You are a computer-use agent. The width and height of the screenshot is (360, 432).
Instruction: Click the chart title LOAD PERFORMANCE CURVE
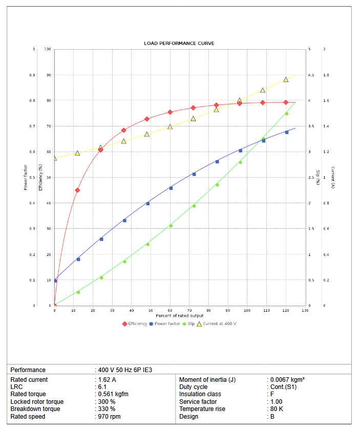pos(179,44)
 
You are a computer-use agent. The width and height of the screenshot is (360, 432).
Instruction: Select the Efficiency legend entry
pos(135,323)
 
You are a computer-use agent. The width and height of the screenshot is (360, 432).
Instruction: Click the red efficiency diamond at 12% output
pos(77,190)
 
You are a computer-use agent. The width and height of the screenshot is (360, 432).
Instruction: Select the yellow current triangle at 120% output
pos(286,79)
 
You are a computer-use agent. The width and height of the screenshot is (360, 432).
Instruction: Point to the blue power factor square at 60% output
pos(171,188)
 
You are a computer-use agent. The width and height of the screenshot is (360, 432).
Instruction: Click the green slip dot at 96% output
pos(240,162)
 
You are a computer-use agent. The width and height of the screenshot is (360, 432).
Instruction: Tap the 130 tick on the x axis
pos(305,311)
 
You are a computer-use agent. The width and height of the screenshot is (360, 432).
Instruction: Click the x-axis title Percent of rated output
pos(180,315)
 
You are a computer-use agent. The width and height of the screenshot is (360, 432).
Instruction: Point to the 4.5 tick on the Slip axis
pos(310,75)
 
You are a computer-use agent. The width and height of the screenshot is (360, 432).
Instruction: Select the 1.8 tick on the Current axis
pos(326,75)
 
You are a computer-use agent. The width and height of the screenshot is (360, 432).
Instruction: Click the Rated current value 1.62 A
pos(108,380)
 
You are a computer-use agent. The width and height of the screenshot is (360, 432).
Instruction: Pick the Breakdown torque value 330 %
pos(107,409)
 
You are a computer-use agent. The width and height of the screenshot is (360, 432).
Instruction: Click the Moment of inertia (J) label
pos(207,380)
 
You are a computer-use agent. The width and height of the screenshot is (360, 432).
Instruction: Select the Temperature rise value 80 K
pos(277,409)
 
